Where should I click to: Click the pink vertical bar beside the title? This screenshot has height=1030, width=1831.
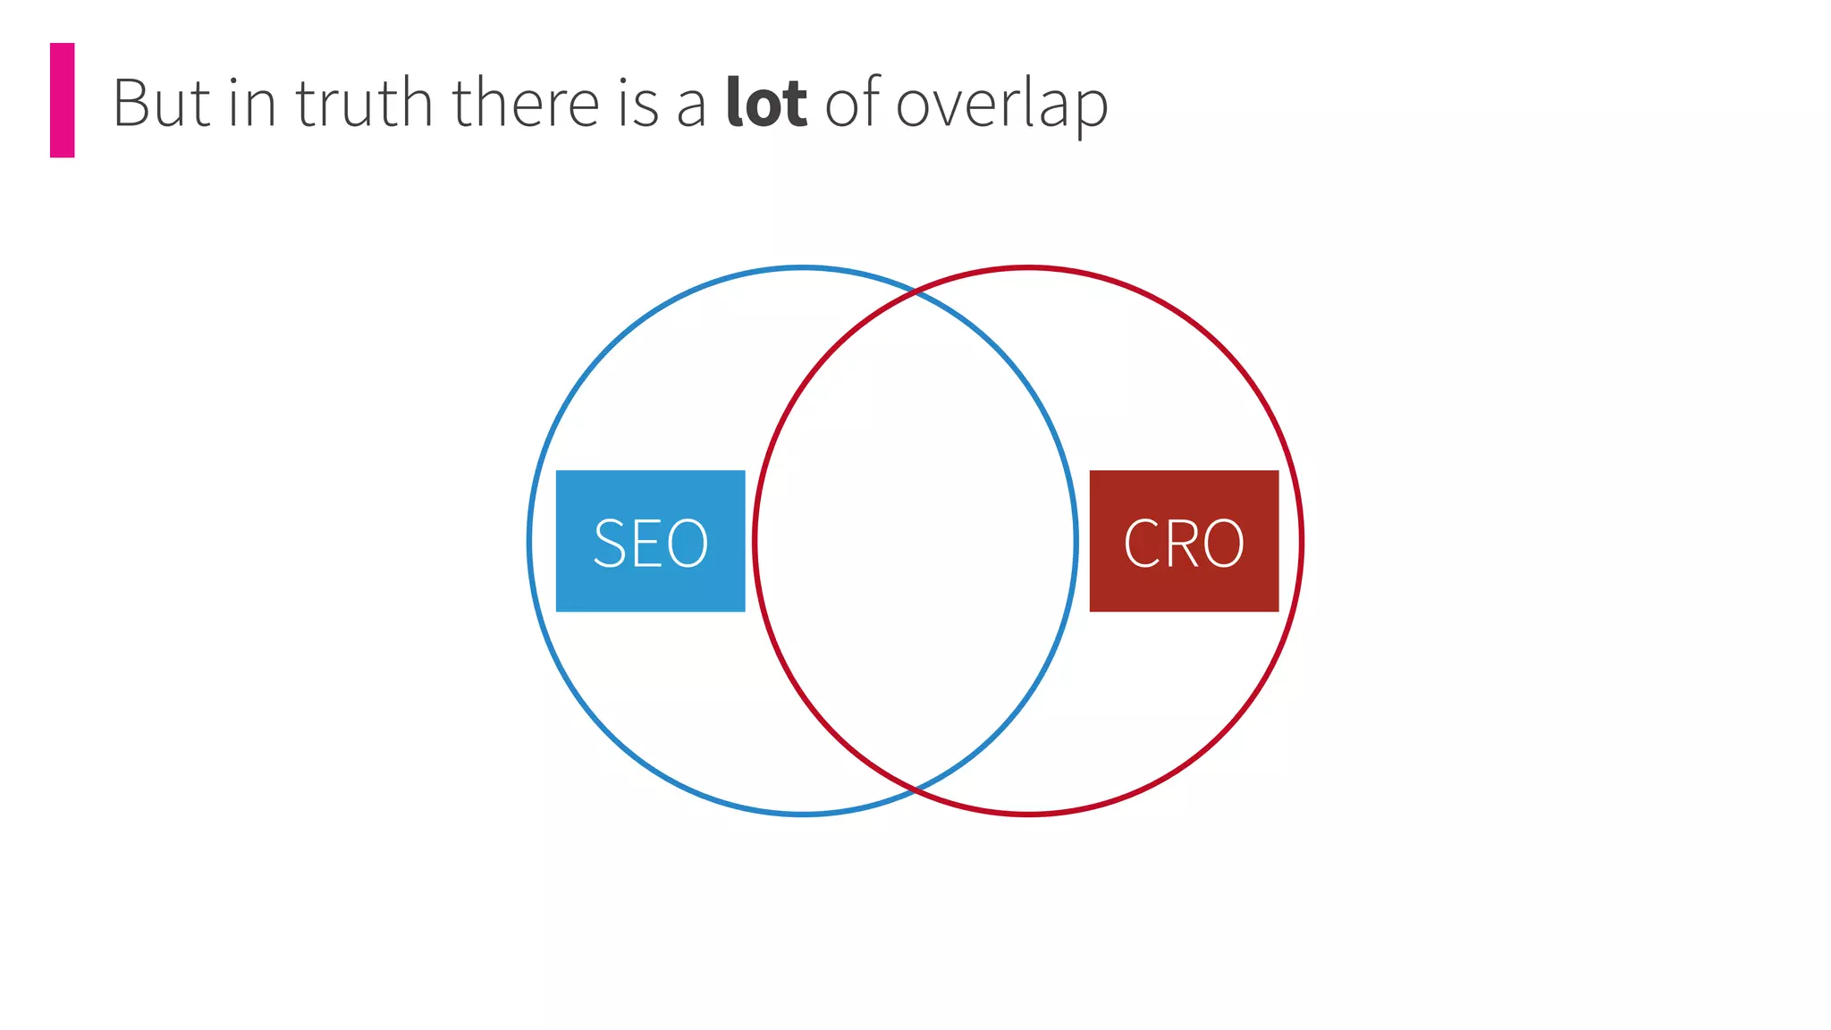[62, 100]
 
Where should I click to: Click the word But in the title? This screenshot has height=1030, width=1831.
[161, 104]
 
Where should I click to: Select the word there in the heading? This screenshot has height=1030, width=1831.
[526, 104]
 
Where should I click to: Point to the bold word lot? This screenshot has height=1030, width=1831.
[766, 104]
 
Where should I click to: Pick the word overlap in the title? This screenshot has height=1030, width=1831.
[1001, 106]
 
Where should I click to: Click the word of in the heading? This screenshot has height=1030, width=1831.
[852, 102]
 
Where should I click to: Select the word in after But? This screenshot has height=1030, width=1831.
[252, 104]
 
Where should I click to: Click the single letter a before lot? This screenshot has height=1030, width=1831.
[691, 107]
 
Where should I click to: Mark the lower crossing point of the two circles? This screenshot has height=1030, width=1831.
[915, 790]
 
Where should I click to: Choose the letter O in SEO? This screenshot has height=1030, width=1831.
[688, 543]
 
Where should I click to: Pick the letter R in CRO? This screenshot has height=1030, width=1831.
[1181, 543]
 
